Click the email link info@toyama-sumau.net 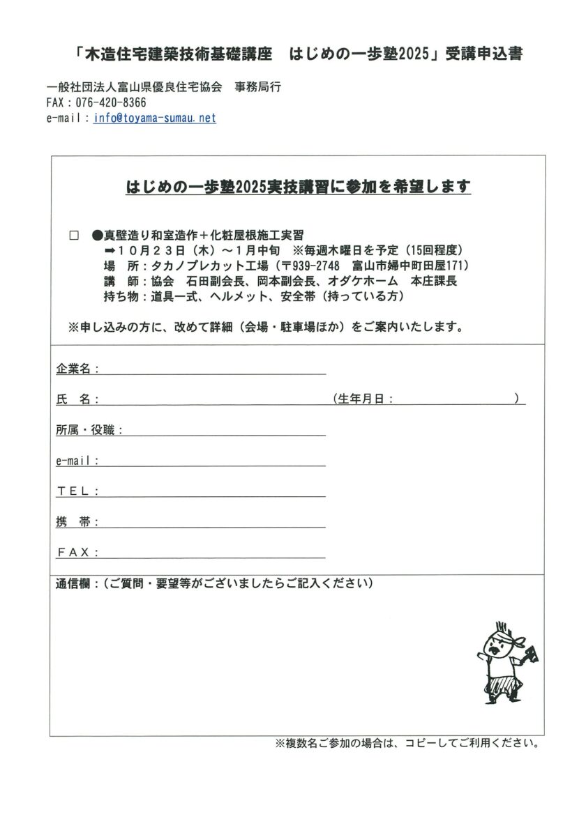[x=154, y=118]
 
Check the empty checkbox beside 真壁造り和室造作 [x=75, y=236]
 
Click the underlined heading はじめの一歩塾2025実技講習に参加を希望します [x=298, y=187]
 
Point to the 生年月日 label [x=363, y=399]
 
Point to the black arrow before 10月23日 [x=109, y=250]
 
